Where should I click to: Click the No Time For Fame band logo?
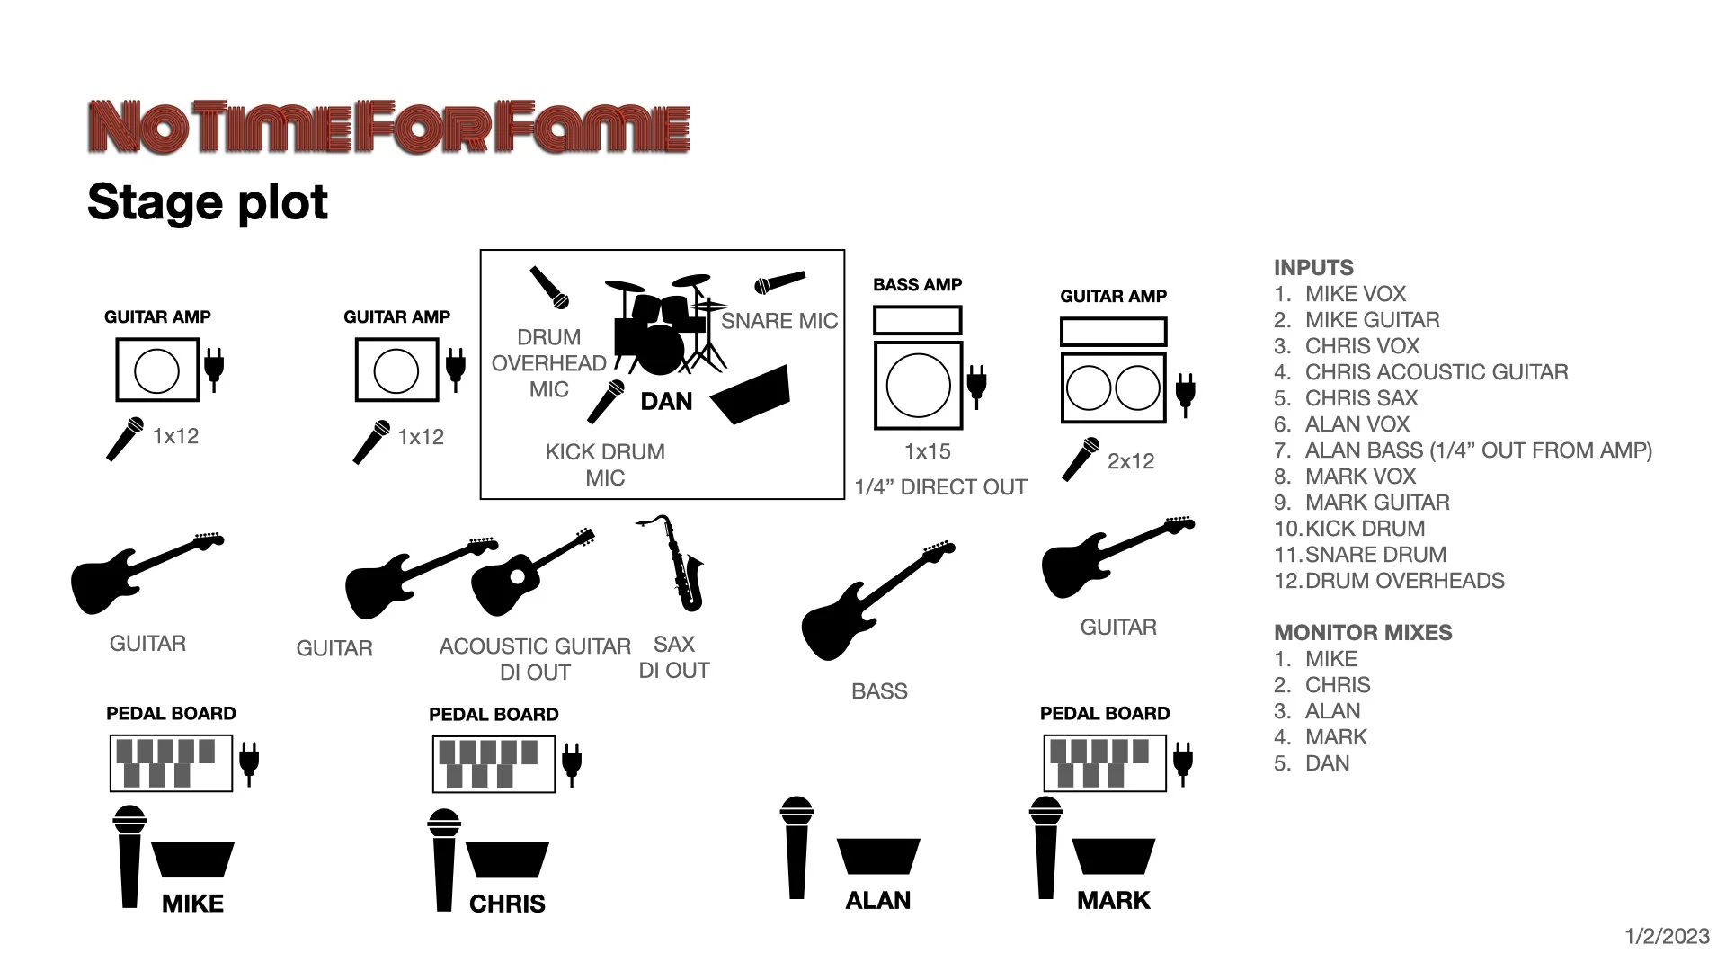(389, 128)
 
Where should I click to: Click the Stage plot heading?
(208, 201)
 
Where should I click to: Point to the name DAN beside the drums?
(666, 402)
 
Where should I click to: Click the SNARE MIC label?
(778, 321)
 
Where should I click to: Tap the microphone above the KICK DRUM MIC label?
(606, 401)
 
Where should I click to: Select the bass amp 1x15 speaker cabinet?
(918, 385)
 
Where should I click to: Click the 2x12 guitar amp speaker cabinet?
(1113, 388)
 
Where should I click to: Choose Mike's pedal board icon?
(171, 763)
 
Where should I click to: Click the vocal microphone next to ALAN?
(796, 847)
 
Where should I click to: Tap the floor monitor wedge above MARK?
(1113, 857)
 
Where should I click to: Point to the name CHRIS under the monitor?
(507, 904)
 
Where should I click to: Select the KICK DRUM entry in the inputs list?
(1364, 529)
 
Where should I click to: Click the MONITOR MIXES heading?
(1362, 633)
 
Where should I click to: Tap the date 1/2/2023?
(1667, 937)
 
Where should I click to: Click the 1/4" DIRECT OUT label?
(939, 487)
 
